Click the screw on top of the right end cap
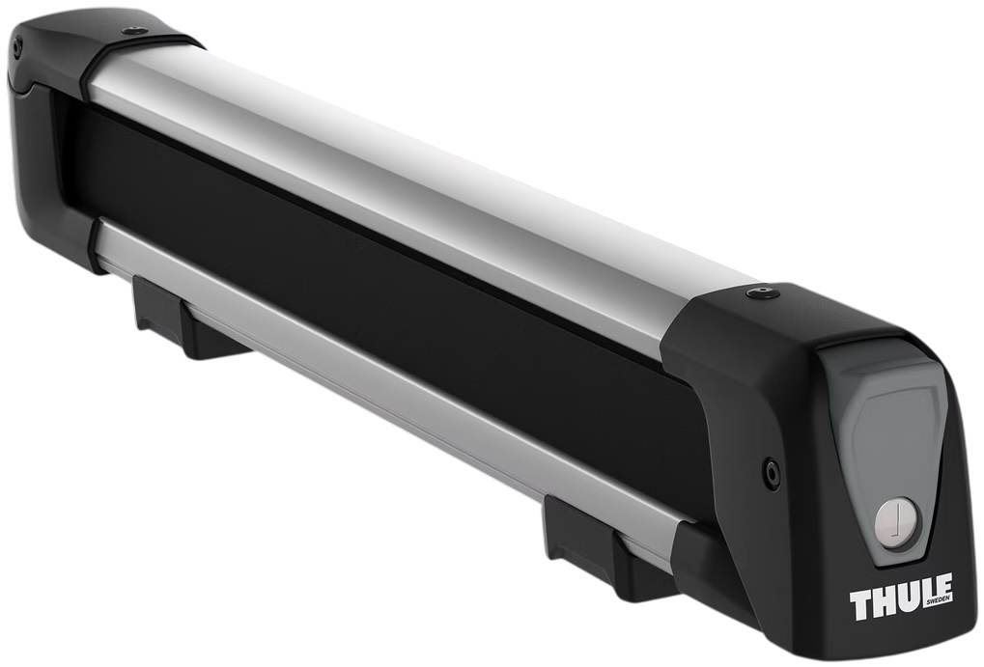click(x=764, y=290)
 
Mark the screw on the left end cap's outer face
click(x=17, y=48)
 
